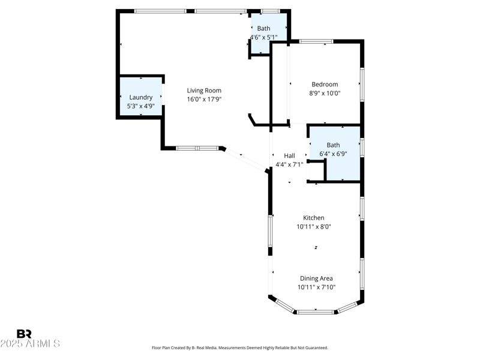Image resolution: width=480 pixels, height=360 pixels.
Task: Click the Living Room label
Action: coord(204,91)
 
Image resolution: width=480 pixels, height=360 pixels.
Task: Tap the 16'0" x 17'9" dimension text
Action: coord(204,100)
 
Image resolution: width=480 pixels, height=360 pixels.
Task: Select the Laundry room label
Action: coord(141,97)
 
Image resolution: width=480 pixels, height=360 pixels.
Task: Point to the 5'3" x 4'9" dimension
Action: coord(141,106)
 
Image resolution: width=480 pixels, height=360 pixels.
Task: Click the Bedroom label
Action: coord(325,85)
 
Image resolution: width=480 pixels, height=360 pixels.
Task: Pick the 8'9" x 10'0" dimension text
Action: coord(325,94)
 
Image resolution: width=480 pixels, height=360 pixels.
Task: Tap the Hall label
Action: coord(289,155)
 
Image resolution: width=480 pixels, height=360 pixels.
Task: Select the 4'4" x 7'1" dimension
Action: coord(289,164)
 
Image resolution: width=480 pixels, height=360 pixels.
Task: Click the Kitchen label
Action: coord(313,218)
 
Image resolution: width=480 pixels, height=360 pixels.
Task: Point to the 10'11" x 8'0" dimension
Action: coord(313,227)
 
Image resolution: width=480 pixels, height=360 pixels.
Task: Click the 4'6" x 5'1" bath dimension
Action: coord(263,37)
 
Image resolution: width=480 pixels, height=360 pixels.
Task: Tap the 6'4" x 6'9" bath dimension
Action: coord(333,154)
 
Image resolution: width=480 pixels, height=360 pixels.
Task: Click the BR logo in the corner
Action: coord(24,334)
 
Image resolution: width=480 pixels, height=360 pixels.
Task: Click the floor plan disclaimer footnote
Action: coord(240,347)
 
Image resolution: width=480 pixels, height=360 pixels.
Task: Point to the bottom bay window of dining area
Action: coord(316,311)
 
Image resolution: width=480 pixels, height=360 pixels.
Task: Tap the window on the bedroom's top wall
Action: coord(316,41)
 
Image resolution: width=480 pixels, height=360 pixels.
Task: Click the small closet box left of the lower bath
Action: coord(316,171)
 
